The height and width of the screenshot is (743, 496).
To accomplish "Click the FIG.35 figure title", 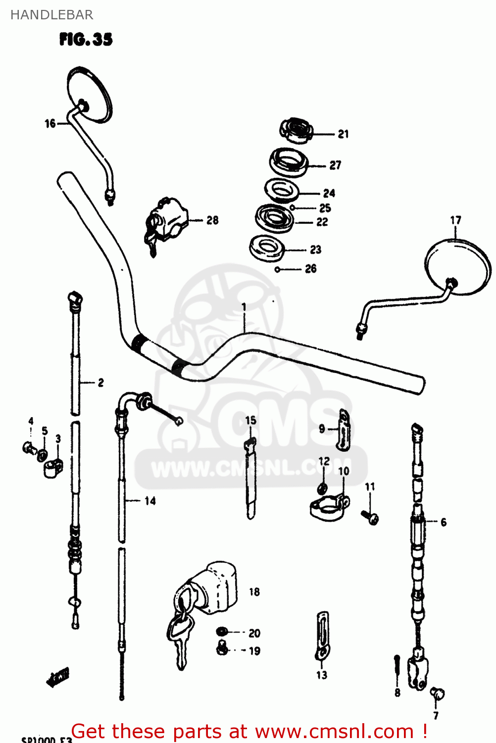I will point(86,39).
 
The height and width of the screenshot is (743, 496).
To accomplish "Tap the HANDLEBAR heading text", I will point(51,15).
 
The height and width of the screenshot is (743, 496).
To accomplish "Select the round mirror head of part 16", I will point(90,94).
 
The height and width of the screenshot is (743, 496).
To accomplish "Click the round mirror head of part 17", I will point(458,267).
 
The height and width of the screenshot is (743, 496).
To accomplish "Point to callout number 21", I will point(343,134).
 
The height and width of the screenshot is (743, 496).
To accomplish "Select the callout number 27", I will point(335,165).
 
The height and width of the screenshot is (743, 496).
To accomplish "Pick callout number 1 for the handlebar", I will point(244,308).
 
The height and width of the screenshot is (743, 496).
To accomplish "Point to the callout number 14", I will point(150,501).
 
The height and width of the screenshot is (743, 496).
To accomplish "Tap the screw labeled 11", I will point(370,517).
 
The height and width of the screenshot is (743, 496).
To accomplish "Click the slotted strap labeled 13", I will point(322,637).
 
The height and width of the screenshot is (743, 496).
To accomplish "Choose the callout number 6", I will point(443,522).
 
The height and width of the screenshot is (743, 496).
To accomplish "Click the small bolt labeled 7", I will point(437,694).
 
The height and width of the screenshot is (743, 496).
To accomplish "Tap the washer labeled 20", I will point(222,632).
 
